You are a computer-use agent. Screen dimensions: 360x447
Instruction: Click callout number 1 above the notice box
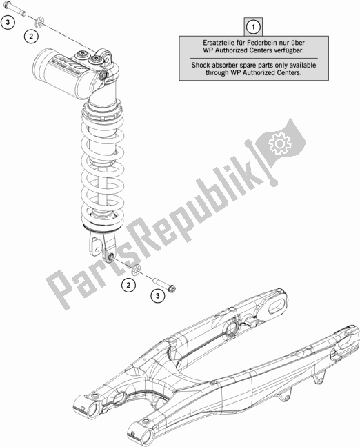coord(253,28)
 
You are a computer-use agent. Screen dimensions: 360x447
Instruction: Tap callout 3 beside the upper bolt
coord(8,22)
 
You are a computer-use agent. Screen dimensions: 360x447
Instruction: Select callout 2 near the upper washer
coord(31,36)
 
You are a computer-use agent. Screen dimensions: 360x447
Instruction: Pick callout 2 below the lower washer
coord(128,285)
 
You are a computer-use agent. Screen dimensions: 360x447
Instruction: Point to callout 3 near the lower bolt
coord(158,296)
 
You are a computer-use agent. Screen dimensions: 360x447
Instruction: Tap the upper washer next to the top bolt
coord(39,23)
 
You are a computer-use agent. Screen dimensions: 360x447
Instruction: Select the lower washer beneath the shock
coord(137,270)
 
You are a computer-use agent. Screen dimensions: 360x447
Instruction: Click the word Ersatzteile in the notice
coord(216,43)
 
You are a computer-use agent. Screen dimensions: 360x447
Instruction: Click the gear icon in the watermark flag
coord(281,143)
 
